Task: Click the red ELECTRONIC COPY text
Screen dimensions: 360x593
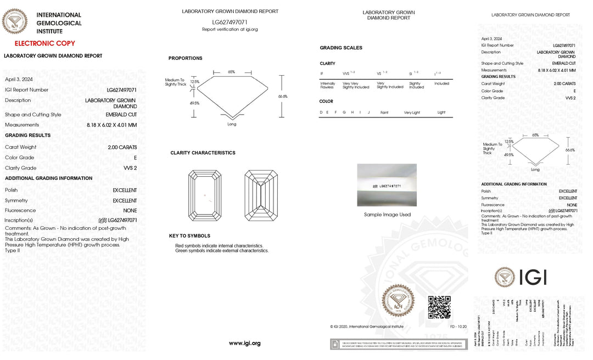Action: point(45,43)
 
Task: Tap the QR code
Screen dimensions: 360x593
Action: point(439,307)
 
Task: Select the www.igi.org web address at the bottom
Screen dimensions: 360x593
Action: point(244,344)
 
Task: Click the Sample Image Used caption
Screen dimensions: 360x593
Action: point(387,215)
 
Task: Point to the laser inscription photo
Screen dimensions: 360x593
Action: point(387,185)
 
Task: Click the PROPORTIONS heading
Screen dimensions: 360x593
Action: point(185,58)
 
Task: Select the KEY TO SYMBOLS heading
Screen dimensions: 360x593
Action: point(189,236)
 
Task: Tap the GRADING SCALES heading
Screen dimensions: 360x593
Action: point(341,48)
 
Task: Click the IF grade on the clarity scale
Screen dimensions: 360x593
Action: point(322,74)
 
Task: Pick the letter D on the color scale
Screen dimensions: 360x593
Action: point(321,113)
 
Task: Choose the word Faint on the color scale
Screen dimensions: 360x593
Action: point(384,113)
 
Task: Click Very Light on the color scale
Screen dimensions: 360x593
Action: point(412,113)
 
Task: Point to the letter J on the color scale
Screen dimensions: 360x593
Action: point(369,113)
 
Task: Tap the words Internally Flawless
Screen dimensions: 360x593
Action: point(327,85)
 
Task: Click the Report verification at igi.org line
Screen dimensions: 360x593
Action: point(230,30)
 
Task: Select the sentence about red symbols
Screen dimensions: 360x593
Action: point(219,245)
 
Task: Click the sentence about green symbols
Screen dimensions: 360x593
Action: point(222,251)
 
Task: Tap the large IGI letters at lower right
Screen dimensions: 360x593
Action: point(532,277)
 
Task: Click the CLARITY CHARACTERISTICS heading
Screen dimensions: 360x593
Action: point(203,153)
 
